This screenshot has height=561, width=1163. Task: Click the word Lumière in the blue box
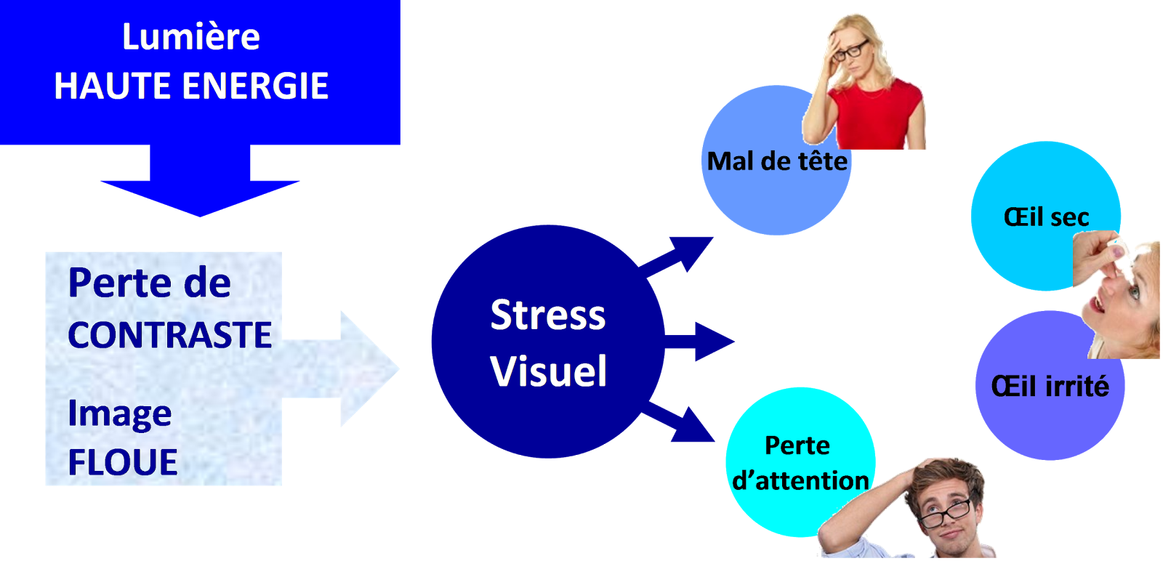(190, 36)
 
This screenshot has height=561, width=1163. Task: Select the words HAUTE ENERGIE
(191, 86)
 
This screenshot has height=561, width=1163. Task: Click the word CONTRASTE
(169, 335)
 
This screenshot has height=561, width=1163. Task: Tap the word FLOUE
(123, 462)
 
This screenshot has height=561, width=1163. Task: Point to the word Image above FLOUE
(120, 414)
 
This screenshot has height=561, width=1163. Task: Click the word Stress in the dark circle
(548, 315)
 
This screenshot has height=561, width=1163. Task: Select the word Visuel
(548, 371)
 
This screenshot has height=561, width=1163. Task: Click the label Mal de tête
(777, 161)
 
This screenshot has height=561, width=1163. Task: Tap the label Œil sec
(1046, 217)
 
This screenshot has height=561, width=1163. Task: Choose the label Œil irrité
(1050, 386)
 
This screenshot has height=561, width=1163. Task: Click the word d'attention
(800, 480)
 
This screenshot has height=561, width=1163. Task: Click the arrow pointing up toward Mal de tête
(680, 254)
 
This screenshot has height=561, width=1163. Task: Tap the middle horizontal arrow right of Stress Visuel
(701, 342)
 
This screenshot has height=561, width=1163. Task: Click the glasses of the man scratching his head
(945, 513)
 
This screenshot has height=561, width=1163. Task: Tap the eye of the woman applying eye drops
(1131, 292)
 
